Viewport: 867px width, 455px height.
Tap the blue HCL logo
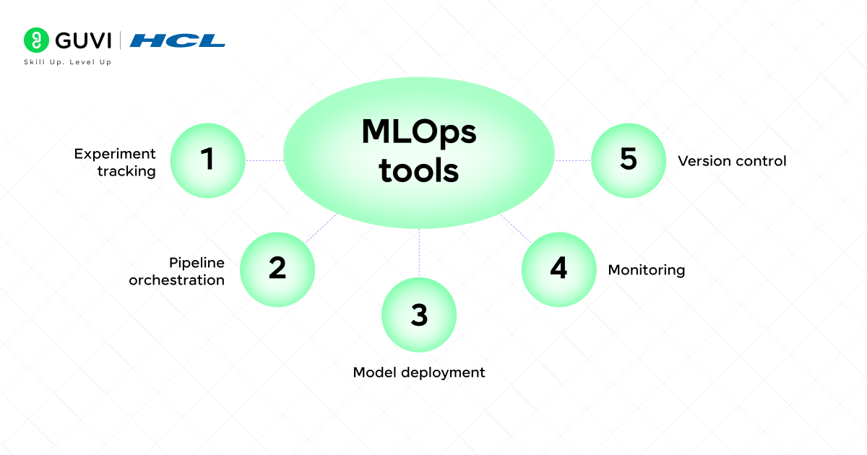tap(178, 40)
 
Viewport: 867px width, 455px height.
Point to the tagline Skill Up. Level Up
tap(67, 62)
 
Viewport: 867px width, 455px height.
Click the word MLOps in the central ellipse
tap(419, 134)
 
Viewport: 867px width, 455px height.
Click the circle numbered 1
tap(208, 160)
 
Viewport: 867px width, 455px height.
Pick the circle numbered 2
tap(277, 269)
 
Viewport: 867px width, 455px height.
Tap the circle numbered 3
tap(419, 315)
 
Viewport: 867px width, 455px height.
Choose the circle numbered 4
tap(558, 269)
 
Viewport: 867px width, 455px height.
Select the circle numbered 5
tap(629, 160)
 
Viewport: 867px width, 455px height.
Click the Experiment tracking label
tap(116, 162)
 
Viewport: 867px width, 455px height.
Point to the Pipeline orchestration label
tap(177, 271)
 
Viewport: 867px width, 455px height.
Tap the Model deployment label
tap(419, 373)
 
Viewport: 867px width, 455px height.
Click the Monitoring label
tap(646, 270)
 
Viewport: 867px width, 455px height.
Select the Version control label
tap(732, 161)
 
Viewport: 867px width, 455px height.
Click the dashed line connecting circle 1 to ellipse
tap(264, 160)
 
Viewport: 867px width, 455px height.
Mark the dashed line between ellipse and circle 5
tap(573, 160)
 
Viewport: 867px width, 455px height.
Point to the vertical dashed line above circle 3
tap(419, 253)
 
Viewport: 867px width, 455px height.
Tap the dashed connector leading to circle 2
tap(320, 228)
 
